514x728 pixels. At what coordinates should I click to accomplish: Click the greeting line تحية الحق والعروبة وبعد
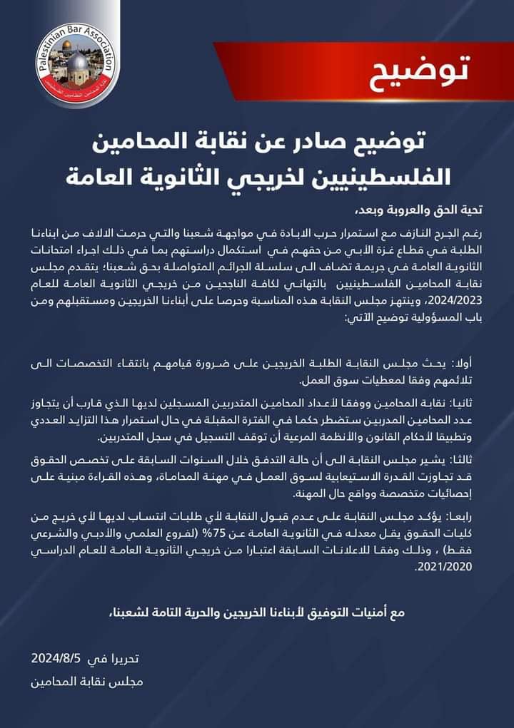point(411,210)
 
